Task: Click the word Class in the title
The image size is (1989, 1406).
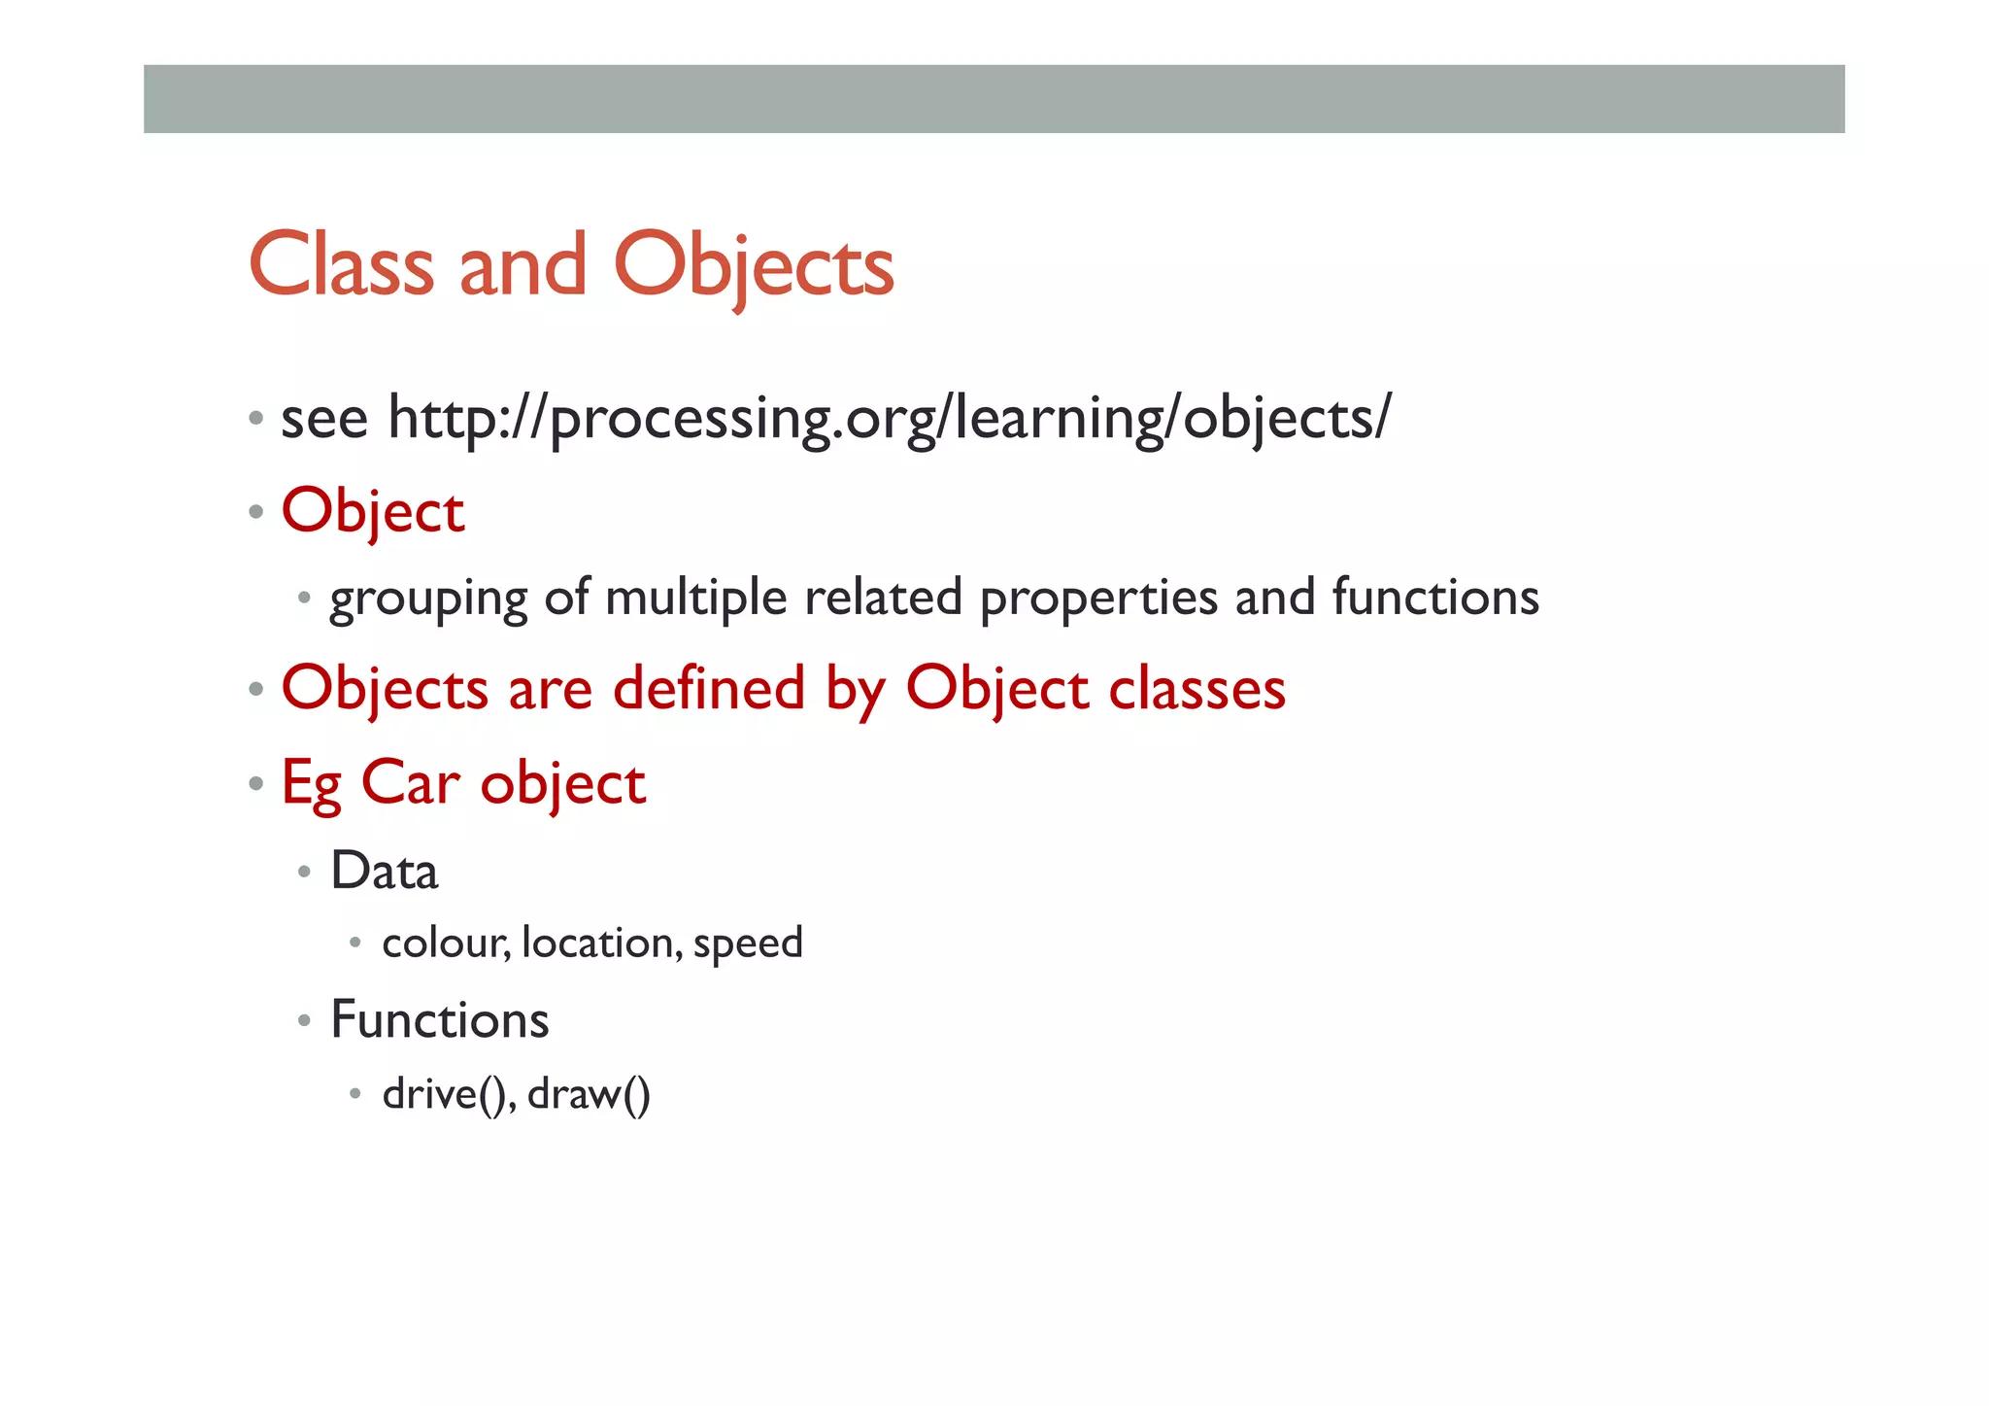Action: [341, 265]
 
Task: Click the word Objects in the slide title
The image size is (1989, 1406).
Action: [754, 265]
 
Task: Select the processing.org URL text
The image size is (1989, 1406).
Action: [889, 419]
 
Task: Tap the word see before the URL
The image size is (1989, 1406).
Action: [324, 419]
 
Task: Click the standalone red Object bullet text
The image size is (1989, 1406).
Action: [373, 511]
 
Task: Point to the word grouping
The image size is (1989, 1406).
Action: [428, 598]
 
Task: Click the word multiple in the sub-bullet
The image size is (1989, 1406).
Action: [695, 598]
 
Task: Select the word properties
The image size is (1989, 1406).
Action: [1098, 598]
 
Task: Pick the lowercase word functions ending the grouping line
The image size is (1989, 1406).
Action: [1434, 598]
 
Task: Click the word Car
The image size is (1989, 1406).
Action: [410, 782]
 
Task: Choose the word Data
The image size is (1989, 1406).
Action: [385, 871]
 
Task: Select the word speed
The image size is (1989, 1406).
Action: [748, 943]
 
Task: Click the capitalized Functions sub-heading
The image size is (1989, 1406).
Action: [440, 1020]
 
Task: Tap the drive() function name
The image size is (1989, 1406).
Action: [449, 1094]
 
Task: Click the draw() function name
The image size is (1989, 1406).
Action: [589, 1094]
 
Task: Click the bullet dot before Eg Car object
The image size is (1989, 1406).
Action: [256, 783]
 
